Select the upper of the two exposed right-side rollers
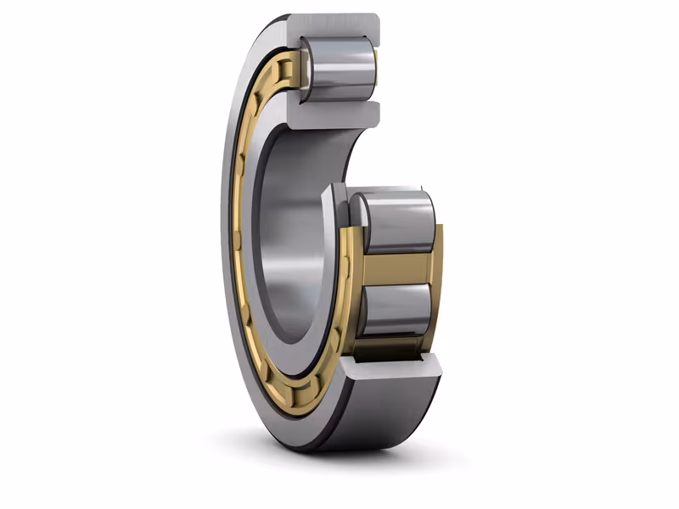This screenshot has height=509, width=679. (395, 222)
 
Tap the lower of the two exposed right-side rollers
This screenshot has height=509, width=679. (395, 310)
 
